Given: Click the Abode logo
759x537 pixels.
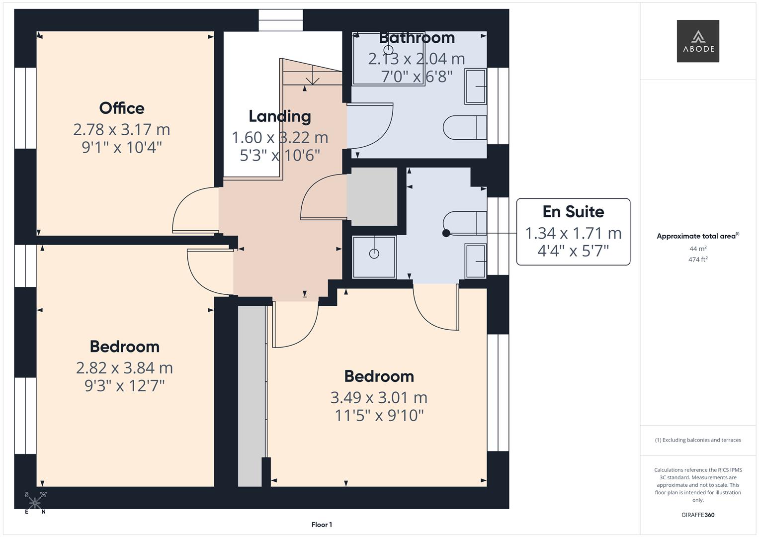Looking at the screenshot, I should pyautogui.click(x=697, y=41).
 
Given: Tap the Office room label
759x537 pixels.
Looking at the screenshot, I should pyautogui.click(x=122, y=108).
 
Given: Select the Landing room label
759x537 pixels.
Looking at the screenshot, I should pyautogui.click(x=280, y=116).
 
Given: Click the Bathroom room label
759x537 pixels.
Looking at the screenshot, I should pyautogui.click(x=417, y=38).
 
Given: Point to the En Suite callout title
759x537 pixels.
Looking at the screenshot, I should pyautogui.click(x=573, y=212).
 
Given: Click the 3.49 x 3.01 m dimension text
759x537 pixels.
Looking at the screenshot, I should pyautogui.click(x=379, y=398).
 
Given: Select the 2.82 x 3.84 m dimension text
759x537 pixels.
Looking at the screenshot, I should pyautogui.click(x=124, y=368).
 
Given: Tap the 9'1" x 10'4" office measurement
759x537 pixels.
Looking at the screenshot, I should pyautogui.click(x=122, y=147).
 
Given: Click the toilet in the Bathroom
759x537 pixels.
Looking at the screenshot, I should pyautogui.click(x=464, y=128).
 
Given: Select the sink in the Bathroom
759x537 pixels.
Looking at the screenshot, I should pyautogui.click(x=476, y=87).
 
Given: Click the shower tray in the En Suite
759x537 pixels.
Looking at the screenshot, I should pyautogui.click(x=374, y=257).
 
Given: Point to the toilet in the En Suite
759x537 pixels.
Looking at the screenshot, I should pyautogui.click(x=464, y=223).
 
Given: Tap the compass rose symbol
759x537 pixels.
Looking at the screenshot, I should pyautogui.click(x=35, y=503).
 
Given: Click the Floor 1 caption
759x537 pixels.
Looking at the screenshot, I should pyautogui.click(x=322, y=525).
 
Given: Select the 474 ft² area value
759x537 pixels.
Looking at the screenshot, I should pyautogui.click(x=698, y=260).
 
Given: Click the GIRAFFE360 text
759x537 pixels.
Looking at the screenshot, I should pyautogui.click(x=698, y=515).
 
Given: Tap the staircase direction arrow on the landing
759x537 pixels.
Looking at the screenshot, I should pyautogui.click(x=312, y=77).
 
